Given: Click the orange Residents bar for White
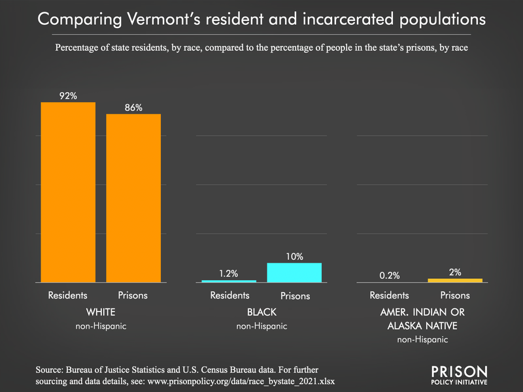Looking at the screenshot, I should [x=68, y=192].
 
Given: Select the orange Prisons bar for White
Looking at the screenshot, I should [x=133, y=198].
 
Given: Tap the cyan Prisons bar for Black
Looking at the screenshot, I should [x=294, y=272].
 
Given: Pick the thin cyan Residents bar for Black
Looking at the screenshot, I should [x=229, y=281].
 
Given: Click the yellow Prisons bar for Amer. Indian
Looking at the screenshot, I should [x=455, y=280].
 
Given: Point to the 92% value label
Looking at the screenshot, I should [x=68, y=95].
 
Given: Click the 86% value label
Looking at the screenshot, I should [x=133, y=107].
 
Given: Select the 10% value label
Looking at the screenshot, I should [x=294, y=257].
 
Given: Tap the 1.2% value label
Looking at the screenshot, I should [x=229, y=274].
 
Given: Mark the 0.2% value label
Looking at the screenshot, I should [x=390, y=275].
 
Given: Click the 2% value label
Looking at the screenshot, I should [x=455, y=272].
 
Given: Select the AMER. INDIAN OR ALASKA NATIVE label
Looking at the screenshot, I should [x=422, y=318].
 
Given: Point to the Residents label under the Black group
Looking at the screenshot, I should [x=229, y=295].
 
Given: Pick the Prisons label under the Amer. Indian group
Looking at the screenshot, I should [x=455, y=295].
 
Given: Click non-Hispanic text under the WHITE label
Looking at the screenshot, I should [x=101, y=325].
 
